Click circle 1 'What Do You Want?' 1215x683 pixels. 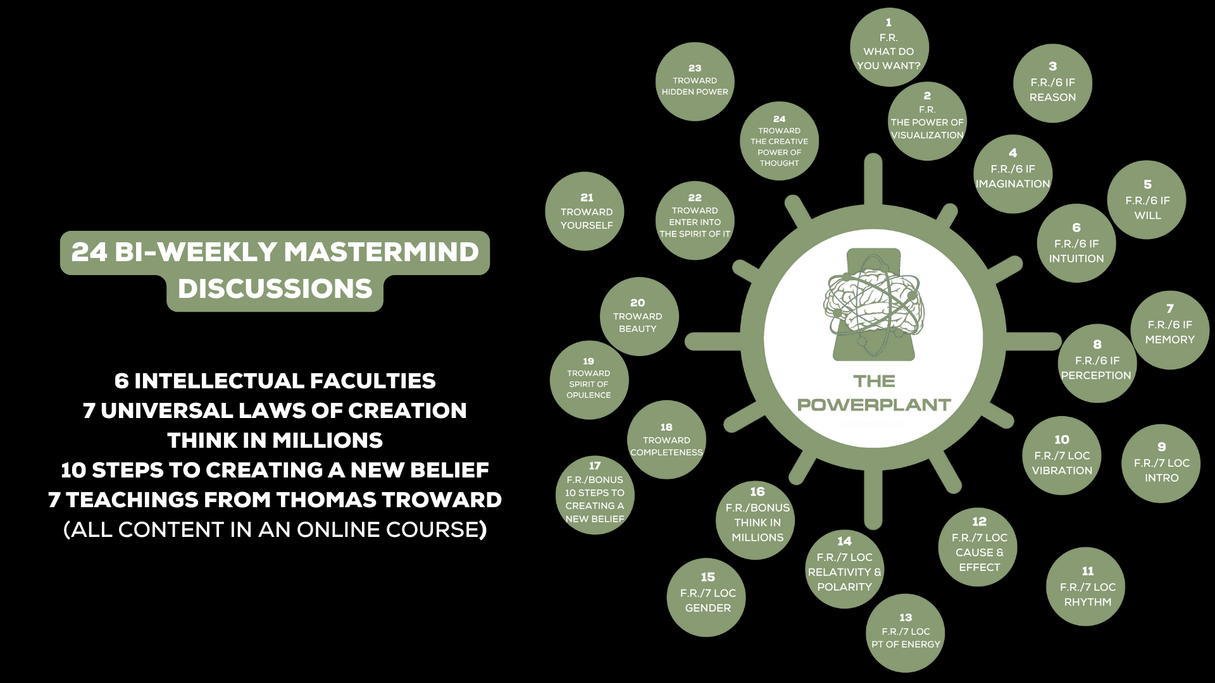click(888, 47)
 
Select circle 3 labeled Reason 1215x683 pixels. click(1052, 83)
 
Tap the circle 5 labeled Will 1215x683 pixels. click(1147, 200)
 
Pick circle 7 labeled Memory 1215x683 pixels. click(1169, 330)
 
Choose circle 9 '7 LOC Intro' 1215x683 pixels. click(1161, 464)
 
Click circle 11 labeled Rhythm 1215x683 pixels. click(1087, 586)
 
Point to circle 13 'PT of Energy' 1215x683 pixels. click(906, 632)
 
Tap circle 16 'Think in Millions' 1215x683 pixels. click(757, 520)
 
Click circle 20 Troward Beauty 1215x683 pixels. click(639, 316)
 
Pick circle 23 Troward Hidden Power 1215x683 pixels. click(695, 82)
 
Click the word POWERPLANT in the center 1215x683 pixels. click(874, 405)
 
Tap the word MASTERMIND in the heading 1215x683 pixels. click(382, 252)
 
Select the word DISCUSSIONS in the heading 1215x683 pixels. click(275, 289)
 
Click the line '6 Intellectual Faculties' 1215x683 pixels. click(275, 381)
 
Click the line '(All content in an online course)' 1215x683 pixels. click(275, 529)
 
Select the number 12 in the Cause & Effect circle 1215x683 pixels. click(979, 522)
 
